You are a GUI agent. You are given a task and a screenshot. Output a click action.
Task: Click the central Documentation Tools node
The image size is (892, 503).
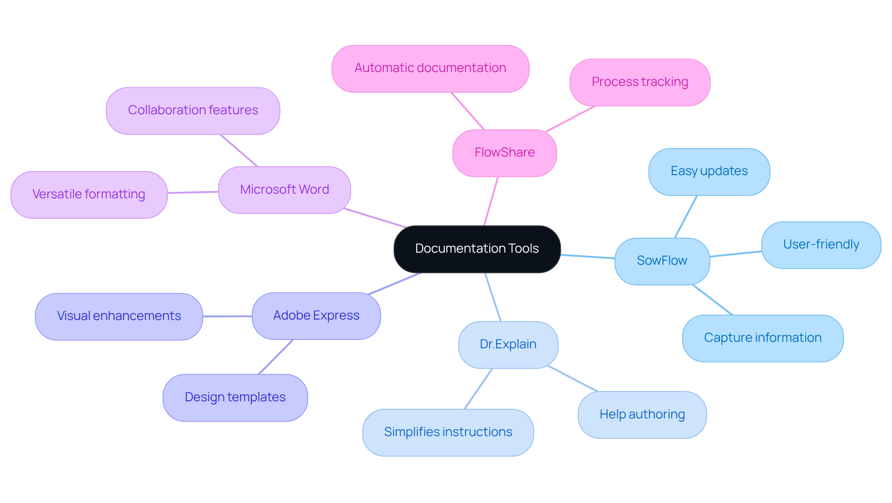[x=477, y=249]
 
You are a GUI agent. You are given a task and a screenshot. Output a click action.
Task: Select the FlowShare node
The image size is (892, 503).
[x=505, y=153]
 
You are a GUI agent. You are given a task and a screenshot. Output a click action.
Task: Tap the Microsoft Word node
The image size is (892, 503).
[x=284, y=190]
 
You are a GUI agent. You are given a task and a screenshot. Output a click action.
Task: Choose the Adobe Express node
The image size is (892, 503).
[x=316, y=316]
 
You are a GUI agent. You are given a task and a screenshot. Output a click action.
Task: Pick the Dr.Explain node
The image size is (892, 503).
[x=508, y=345]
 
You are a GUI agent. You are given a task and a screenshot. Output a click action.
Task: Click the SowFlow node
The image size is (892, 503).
[x=662, y=261]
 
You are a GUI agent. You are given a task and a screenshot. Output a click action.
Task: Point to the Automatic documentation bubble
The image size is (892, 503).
[x=430, y=68]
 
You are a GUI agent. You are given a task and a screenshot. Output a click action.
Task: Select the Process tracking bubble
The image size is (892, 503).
[x=640, y=82]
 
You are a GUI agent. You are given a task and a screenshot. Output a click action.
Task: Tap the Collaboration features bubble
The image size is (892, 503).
[x=193, y=111]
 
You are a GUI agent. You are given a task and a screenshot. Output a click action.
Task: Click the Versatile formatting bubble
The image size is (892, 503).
[x=89, y=195]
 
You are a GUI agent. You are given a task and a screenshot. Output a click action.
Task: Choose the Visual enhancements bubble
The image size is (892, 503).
[x=119, y=316]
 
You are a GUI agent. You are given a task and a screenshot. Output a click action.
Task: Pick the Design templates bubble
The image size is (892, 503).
[x=235, y=398]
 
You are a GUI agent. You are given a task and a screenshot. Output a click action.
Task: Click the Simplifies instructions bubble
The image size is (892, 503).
[x=448, y=432]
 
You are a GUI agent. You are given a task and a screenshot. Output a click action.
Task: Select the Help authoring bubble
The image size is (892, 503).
[x=642, y=415]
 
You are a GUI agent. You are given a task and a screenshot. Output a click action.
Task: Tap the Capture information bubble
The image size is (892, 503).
[x=762, y=338]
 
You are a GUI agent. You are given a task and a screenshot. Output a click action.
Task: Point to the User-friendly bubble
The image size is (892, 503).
[x=821, y=245]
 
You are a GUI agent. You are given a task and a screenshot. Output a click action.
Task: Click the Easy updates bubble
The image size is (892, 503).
[x=709, y=171]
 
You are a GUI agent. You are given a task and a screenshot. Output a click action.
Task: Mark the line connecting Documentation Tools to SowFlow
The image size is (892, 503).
[x=588, y=256]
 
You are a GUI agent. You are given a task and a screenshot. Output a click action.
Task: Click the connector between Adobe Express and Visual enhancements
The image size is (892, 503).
[x=227, y=316]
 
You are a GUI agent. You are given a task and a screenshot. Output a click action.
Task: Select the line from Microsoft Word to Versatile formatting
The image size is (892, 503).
[x=193, y=192]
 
